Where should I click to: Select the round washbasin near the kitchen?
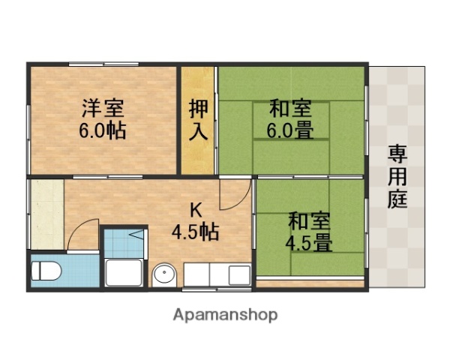163,276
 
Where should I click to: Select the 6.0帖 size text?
102,130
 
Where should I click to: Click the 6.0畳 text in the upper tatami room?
290,130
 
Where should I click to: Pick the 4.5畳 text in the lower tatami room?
308,243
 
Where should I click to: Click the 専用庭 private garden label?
397,177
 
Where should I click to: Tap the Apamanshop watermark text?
226,314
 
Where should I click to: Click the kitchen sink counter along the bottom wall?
217,274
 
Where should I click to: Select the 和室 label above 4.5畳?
308,221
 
